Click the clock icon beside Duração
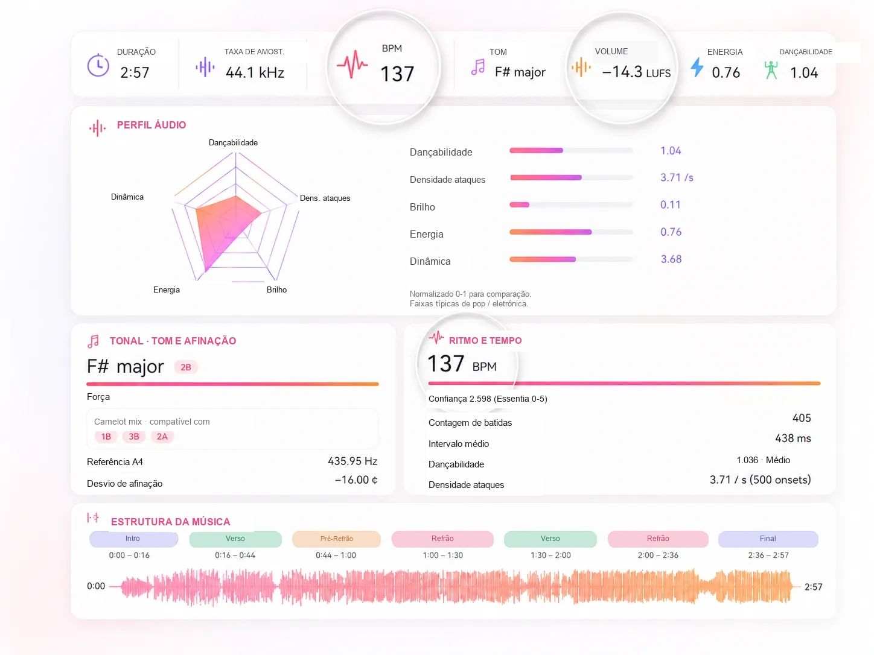(x=98, y=65)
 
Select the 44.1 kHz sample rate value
(x=255, y=72)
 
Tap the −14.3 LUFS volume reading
(x=636, y=72)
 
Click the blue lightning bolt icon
(x=697, y=67)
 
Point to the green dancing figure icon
(x=771, y=70)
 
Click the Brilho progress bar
(x=571, y=205)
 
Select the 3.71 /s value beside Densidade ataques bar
(x=677, y=177)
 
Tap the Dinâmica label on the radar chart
(x=127, y=197)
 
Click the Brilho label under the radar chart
(x=276, y=290)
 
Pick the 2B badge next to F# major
(x=186, y=367)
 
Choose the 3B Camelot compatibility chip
(x=134, y=437)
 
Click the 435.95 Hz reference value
(x=352, y=461)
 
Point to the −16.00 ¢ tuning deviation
(x=356, y=479)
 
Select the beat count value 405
(x=802, y=418)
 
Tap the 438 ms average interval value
(x=793, y=438)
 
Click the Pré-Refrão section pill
(x=336, y=539)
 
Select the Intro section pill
(x=133, y=539)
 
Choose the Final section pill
(x=768, y=539)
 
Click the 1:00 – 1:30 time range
(x=443, y=555)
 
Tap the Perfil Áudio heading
(x=152, y=125)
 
